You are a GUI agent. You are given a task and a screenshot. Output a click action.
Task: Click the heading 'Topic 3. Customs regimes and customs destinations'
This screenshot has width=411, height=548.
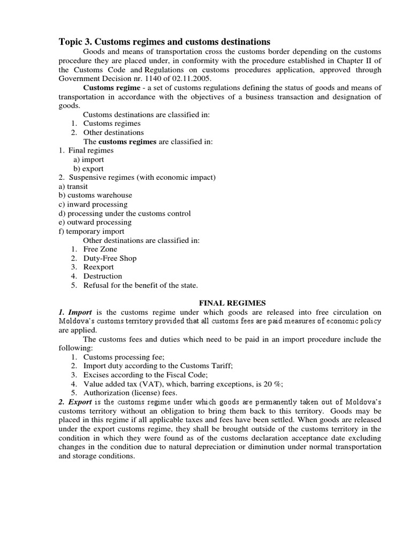coord(164,42)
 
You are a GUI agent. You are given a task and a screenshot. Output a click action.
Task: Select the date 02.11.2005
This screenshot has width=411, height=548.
coord(162,78)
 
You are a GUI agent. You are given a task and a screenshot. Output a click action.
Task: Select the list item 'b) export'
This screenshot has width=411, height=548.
coord(89,169)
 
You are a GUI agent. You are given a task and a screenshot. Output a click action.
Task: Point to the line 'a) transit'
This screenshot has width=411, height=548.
coord(73,187)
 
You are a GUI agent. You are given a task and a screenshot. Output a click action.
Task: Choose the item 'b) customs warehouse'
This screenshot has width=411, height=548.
coord(95,195)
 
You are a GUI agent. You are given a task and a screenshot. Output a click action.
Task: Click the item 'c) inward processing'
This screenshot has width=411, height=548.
coord(93,204)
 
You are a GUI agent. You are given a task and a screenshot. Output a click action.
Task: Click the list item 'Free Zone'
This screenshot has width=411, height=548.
coord(100,249)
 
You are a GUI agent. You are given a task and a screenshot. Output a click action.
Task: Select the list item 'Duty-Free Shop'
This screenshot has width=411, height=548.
coord(110,258)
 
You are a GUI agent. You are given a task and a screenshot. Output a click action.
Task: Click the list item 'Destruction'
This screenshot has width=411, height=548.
coord(102,276)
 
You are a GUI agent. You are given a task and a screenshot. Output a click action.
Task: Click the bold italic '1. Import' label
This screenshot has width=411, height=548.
coord(75,312)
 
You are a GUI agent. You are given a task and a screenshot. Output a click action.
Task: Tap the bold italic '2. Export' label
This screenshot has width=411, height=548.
coord(75,401)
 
